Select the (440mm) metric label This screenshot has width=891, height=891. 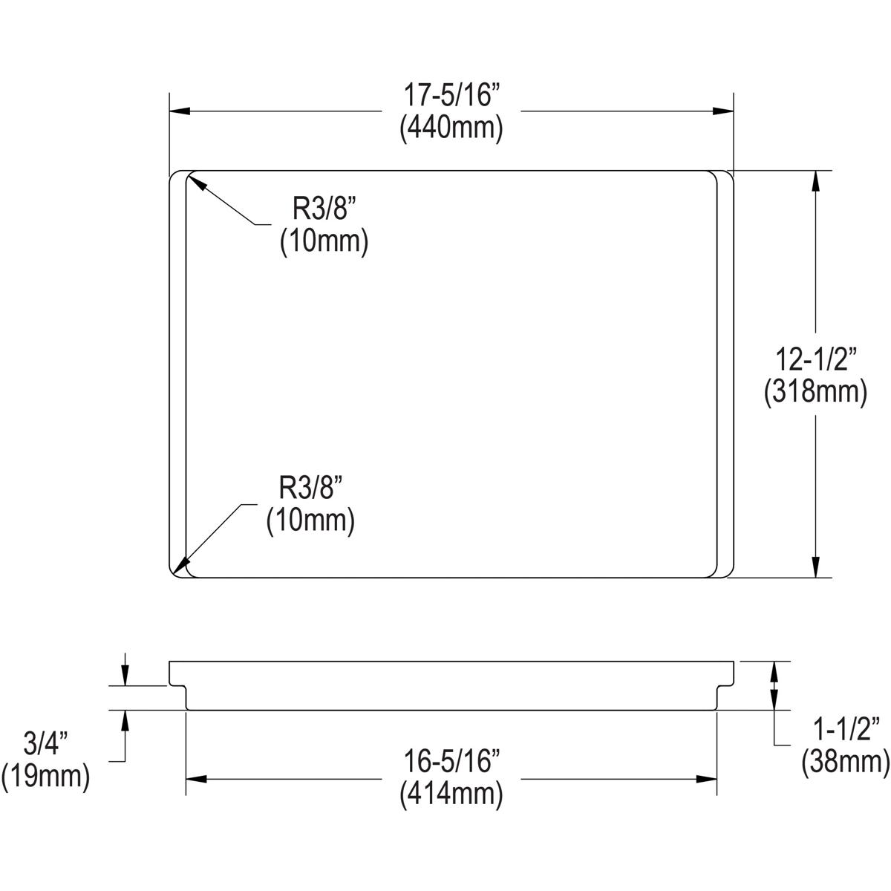pyautogui.click(x=451, y=128)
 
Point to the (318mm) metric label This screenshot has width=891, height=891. pyautogui.click(x=816, y=392)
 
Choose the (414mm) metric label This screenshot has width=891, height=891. pyautogui.click(x=451, y=795)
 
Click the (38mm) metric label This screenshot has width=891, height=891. pyautogui.click(x=845, y=762)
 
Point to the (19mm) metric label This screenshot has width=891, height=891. pyautogui.click(x=46, y=777)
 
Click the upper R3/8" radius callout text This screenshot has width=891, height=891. pyautogui.click(x=324, y=210)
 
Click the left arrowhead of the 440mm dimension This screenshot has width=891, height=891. pyautogui.click(x=181, y=111)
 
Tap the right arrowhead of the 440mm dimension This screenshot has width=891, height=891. pyautogui.click(x=723, y=111)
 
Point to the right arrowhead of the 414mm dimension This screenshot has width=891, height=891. pyautogui.click(x=706, y=779)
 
